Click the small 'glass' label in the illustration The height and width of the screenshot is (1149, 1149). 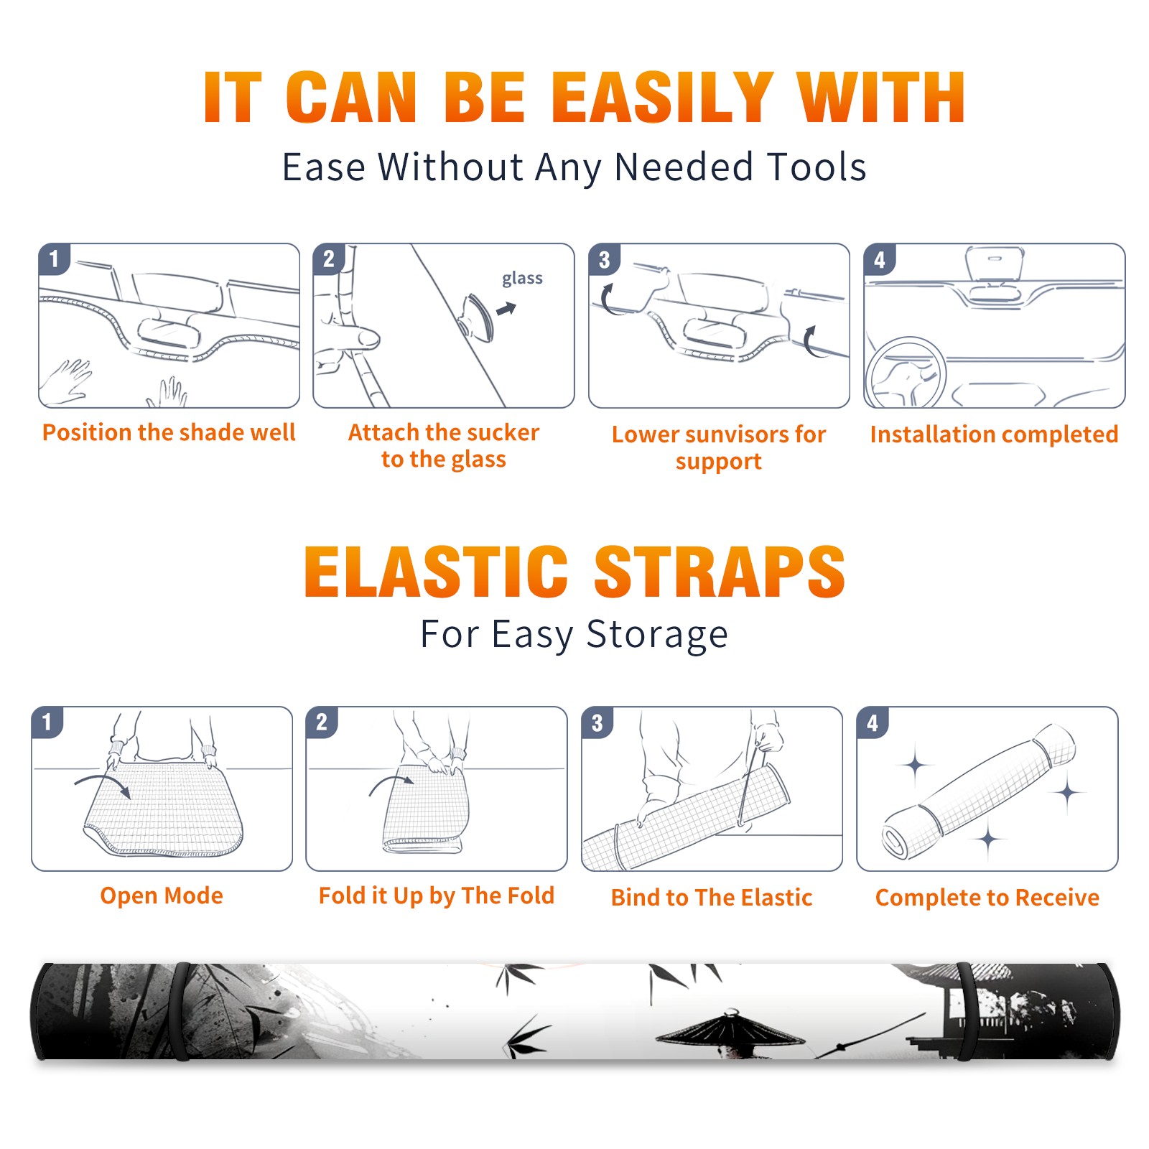(x=522, y=279)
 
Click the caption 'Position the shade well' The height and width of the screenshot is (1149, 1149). (x=169, y=432)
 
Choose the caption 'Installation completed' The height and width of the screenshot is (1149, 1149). (x=994, y=434)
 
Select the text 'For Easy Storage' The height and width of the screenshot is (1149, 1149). (x=574, y=634)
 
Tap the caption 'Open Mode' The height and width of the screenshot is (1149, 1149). (x=162, y=896)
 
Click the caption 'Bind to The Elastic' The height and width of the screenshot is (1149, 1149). (x=712, y=897)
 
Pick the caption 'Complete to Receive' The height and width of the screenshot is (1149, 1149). (x=987, y=898)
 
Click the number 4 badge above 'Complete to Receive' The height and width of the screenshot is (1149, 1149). (x=873, y=722)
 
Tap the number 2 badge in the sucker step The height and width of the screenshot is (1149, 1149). (x=329, y=259)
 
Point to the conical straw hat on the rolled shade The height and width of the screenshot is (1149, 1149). (x=730, y=1029)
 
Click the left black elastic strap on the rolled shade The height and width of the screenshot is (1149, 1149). (x=181, y=1011)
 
